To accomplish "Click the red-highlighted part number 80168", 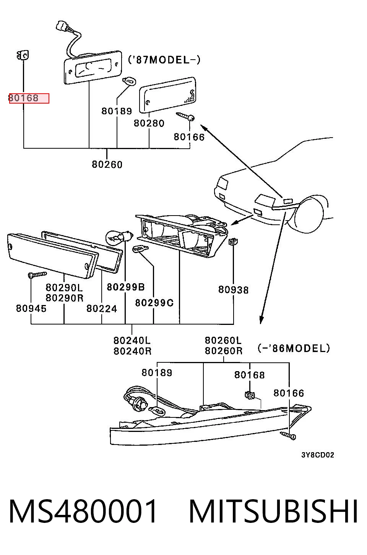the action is (x=24, y=98).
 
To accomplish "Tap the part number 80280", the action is (x=149, y=123).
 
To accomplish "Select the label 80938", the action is (x=233, y=290).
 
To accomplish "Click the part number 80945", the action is (x=31, y=308).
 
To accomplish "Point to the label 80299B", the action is (x=126, y=287).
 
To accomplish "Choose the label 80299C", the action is (x=154, y=303).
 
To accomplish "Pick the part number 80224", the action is (x=102, y=308).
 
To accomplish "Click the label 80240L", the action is (x=132, y=341).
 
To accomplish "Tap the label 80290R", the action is (x=65, y=298).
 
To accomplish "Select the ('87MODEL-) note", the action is (x=164, y=60).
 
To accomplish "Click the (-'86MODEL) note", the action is (x=294, y=348).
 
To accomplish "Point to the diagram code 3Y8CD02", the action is (x=318, y=455).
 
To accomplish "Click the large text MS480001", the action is (x=83, y=511).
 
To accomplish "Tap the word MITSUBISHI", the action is (x=274, y=511).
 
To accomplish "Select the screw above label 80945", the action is (x=37, y=274).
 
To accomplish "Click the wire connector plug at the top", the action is (x=62, y=26).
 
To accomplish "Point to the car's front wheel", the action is (x=309, y=214).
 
